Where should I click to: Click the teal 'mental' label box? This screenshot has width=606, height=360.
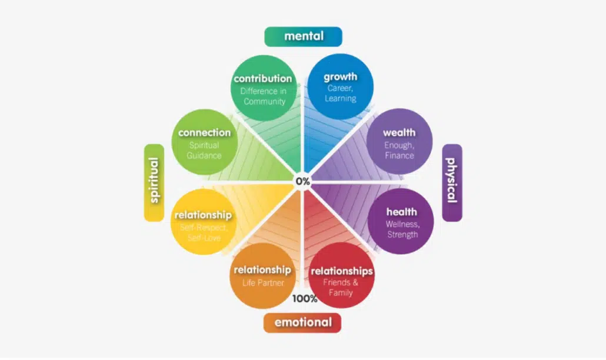pos(303,36)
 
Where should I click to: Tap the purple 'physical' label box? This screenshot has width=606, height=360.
pos(452,183)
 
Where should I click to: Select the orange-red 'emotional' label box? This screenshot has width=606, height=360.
pos(302,322)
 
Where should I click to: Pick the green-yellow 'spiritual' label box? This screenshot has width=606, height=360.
pos(154,183)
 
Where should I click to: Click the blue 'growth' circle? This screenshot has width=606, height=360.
pos(340,86)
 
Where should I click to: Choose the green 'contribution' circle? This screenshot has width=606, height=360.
pos(264,88)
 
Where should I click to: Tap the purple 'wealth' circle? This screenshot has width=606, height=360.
pos(399,141)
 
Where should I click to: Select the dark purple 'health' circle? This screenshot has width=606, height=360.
pos(401,221)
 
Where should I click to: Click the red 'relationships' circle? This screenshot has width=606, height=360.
pos(341,275)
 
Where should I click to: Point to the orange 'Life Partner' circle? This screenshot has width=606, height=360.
pos(263,276)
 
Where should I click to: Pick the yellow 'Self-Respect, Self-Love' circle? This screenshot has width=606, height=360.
pos(204,222)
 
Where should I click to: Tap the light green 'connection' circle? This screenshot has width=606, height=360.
pos(204,142)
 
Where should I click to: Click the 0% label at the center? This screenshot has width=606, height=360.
pos(302,181)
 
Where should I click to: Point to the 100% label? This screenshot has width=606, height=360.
pos(305,299)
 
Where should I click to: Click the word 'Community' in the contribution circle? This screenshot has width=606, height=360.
pos(264,102)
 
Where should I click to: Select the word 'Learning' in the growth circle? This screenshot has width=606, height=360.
pos(341,98)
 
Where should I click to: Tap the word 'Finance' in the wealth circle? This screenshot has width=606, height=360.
pos(399,156)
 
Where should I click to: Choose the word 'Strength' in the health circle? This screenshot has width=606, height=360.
pos(402,235)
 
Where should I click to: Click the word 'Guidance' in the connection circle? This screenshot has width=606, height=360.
pos(204,156)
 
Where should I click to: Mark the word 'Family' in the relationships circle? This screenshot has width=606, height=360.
pos(341,293)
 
